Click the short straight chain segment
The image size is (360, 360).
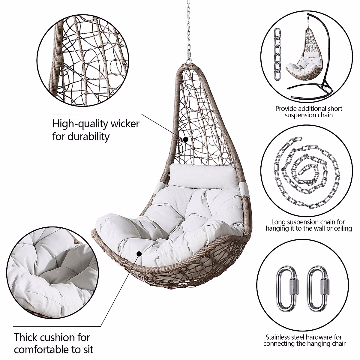(278, 55)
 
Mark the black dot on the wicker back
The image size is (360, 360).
(186, 139)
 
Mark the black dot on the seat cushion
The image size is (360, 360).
(139, 254)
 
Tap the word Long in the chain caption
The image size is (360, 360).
(277, 222)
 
